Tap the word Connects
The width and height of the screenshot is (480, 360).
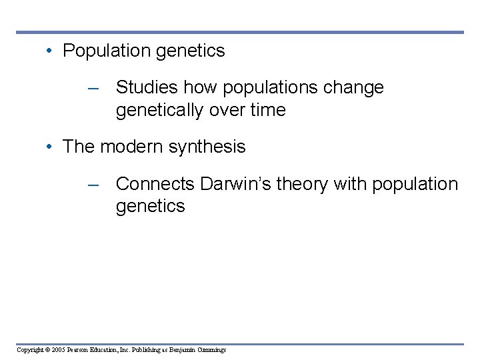(x=154, y=183)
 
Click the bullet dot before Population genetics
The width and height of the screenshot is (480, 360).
(x=50, y=51)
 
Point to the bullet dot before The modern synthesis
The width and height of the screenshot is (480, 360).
(x=50, y=147)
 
